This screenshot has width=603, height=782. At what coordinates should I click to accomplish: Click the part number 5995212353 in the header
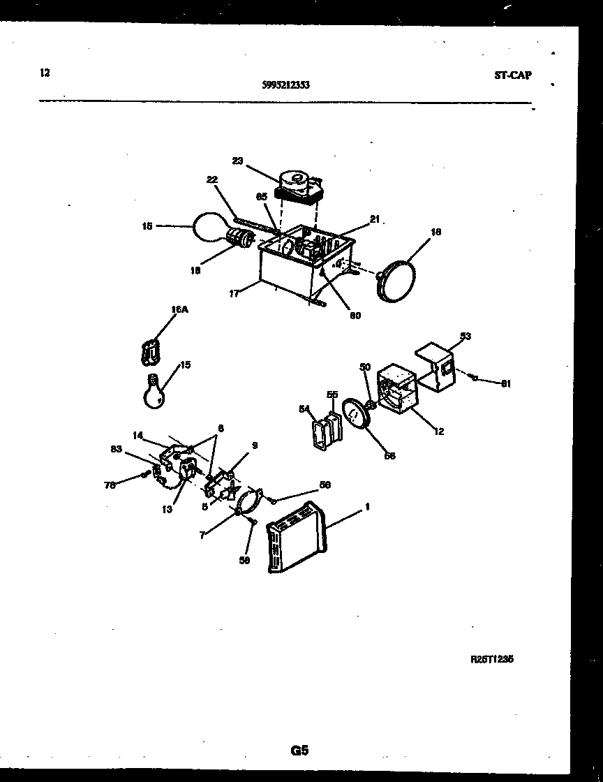286,85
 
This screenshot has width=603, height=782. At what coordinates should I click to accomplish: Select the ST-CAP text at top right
512,75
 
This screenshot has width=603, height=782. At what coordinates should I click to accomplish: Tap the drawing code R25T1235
492,658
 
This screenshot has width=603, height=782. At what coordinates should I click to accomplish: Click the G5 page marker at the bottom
299,751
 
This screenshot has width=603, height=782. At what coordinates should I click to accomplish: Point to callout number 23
237,161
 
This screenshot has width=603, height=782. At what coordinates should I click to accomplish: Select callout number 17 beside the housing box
234,294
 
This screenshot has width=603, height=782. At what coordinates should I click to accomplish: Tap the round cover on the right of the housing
395,279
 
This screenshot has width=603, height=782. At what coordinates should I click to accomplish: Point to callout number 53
465,337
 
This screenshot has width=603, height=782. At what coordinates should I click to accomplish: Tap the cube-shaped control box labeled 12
397,391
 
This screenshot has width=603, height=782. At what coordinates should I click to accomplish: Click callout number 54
304,408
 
